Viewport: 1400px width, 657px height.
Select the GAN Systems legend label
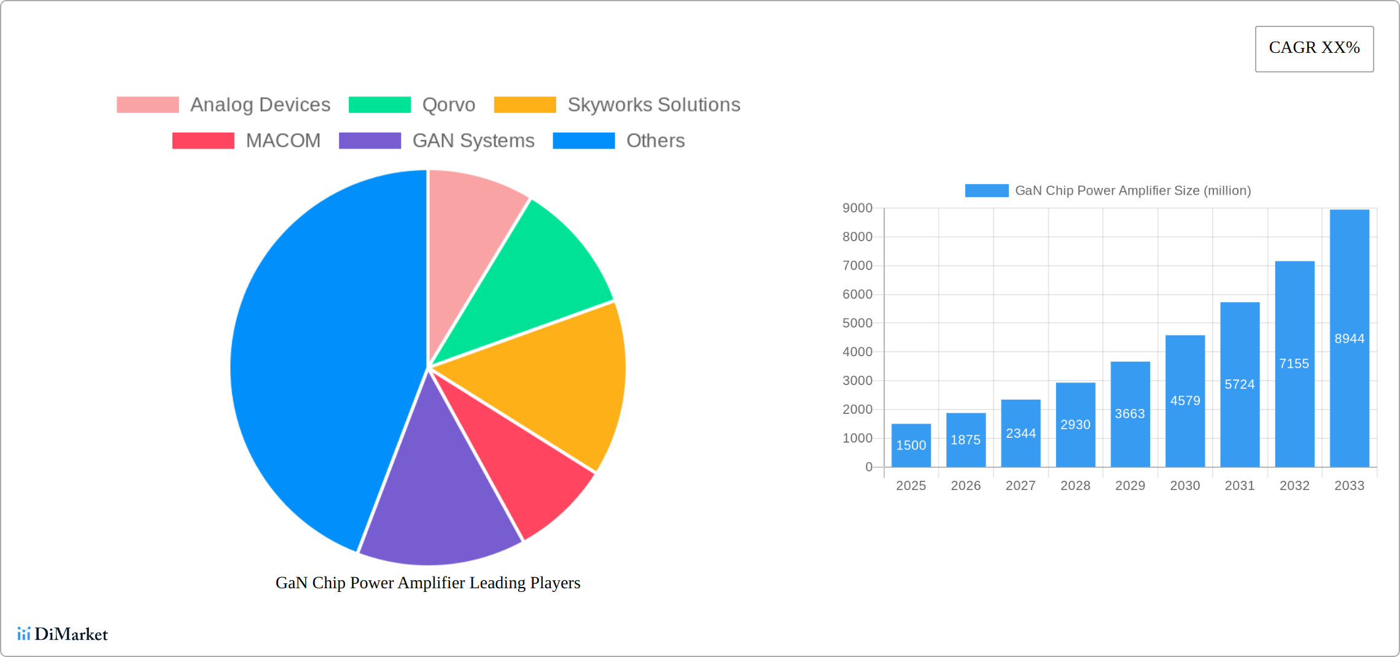(473, 141)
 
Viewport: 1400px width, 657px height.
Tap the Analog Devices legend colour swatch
(147, 105)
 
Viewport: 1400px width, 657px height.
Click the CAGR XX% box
(1314, 49)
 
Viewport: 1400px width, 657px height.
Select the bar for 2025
(911, 445)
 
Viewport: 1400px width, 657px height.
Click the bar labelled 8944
(1349, 338)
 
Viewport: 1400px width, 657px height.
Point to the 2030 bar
(1185, 401)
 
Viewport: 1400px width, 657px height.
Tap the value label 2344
(1021, 433)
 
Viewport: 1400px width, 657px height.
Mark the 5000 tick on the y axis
(857, 323)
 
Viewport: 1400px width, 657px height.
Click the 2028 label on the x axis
(1075, 486)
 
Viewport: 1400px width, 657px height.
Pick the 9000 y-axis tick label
(857, 208)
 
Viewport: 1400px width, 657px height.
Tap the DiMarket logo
(63, 634)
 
